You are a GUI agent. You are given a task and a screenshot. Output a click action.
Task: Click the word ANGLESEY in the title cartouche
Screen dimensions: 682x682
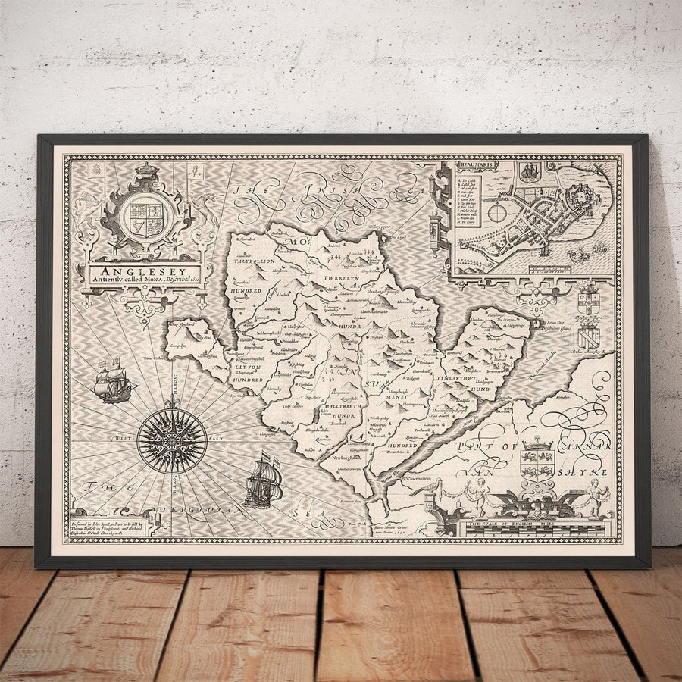tap(144, 269)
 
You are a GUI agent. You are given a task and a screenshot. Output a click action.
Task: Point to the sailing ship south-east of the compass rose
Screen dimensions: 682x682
tap(263, 480)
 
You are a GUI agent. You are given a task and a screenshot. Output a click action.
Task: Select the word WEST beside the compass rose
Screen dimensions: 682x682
tap(125, 439)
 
